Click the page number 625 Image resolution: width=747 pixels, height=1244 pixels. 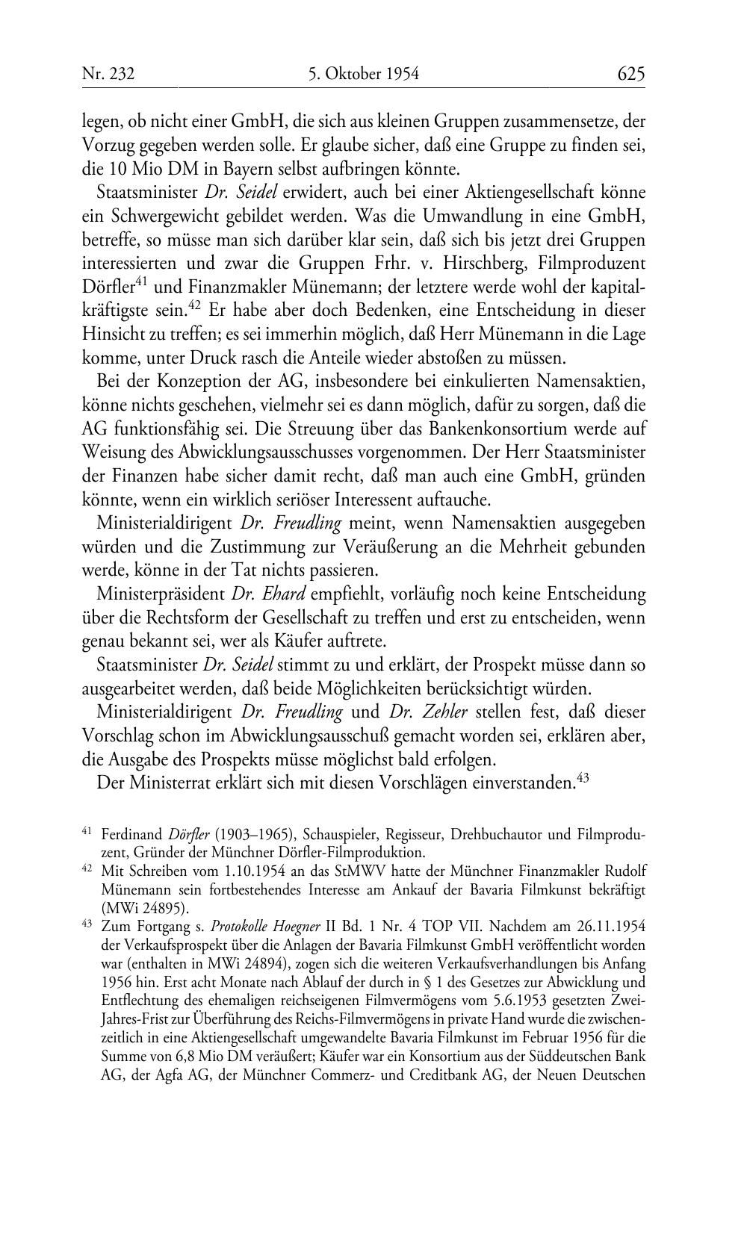click(630, 74)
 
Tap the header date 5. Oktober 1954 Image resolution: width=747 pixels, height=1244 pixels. click(363, 74)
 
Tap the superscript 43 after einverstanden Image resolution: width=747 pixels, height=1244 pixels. click(584, 777)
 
